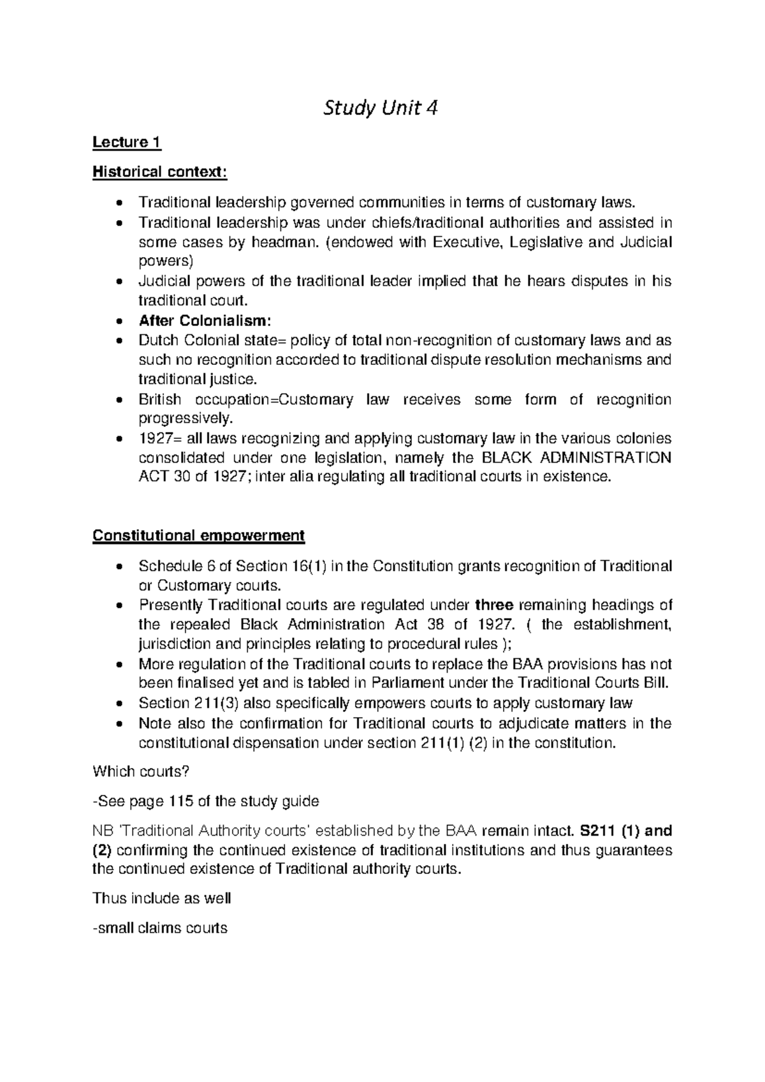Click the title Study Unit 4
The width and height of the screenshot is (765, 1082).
[x=381, y=109]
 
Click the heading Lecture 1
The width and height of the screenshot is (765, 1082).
[x=126, y=142]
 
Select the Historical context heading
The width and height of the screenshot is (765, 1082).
[x=159, y=172]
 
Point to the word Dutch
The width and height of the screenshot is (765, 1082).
[x=157, y=341]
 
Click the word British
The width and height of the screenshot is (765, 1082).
[x=159, y=400]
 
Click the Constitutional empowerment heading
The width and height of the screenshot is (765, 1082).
[x=198, y=535]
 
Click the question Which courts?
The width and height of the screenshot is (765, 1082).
[x=141, y=772]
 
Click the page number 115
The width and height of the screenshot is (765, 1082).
[x=178, y=801]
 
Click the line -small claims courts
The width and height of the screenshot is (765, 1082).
[x=160, y=928]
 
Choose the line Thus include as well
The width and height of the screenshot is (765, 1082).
[x=161, y=898]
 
